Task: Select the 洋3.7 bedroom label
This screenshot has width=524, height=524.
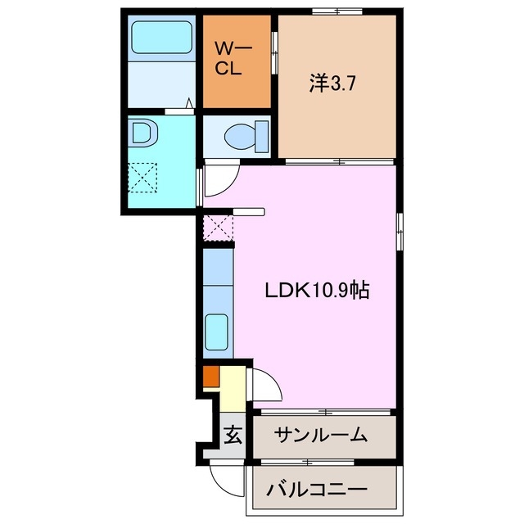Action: coord(332,82)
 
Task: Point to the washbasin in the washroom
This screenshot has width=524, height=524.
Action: coord(142,133)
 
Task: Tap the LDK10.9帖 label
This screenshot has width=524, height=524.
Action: coord(316,290)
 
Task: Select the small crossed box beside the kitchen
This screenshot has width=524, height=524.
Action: coord(217,227)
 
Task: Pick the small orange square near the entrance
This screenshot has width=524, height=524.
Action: coord(210,377)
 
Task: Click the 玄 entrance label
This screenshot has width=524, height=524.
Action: coord(233,435)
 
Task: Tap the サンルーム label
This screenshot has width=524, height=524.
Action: coord(320,435)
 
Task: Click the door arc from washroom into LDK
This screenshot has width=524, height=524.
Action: coord(217,181)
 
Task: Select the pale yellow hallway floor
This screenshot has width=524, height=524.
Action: coord(232,390)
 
